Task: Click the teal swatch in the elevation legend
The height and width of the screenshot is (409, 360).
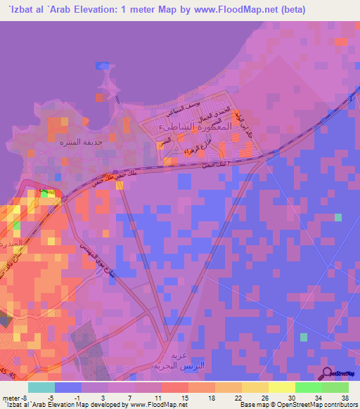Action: point(41,387)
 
